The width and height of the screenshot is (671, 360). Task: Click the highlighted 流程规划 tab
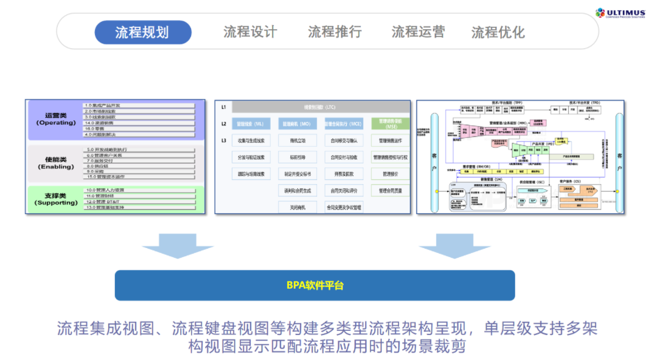pyautogui.click(x=142, y=32)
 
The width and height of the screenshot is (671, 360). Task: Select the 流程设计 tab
pyautogui.click(x=250, y=32)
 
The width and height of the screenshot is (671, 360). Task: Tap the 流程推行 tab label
pyautogui.click(x=335, y=32)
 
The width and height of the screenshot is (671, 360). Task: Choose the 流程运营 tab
pyautogui.click(x=418, y=32)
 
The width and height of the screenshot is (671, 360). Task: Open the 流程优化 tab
pyautogui.click(x=498, y=32)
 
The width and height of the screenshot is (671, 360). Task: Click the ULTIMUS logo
pyautogui.click(x=620, y=13)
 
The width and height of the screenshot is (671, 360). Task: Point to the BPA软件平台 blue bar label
pyautogui.click(x=315, y=285)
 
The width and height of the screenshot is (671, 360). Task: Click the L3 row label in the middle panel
pyautogui.click(x=223, y=140)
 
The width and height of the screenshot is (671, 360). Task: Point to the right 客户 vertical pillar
pyautogui.click(x=619, y=156)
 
